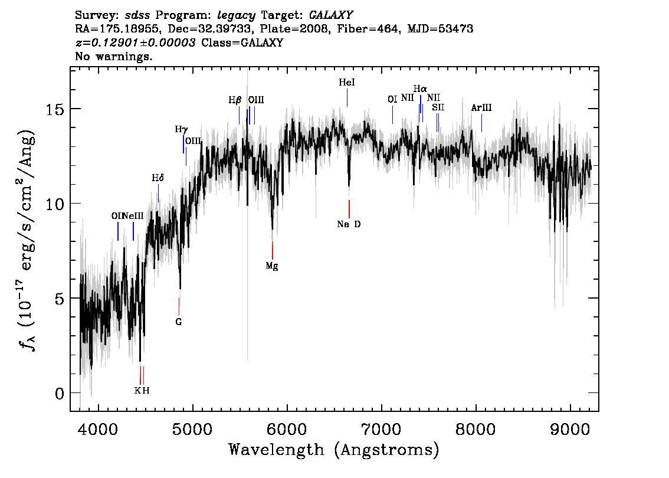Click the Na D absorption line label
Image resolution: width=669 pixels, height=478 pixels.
[x=349, y=224]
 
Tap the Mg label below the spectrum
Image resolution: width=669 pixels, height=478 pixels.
[x=272, y=266]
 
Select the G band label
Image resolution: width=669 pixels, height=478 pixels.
[x=178, y=322]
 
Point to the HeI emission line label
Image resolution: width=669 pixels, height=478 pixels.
[x=347, y=83]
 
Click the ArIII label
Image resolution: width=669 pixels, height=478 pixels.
[x=481, y=107]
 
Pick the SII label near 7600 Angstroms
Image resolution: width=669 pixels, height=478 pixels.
[x=438, y=107]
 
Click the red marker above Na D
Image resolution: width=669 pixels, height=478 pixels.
[x=349, y=209]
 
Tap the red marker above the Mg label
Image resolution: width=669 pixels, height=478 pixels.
[x=272, y=250]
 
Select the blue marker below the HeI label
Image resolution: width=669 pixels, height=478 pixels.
[x=347, y=98]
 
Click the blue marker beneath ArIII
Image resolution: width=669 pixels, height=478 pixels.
[x=482, y=123]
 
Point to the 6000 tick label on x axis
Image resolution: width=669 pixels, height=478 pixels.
[x=287, y=430]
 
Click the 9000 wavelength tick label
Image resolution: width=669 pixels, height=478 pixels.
[x=569, y=430]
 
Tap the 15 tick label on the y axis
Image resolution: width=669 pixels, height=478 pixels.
[x=55, y=109]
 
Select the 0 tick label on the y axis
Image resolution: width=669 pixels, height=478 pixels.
[x=60, y=393]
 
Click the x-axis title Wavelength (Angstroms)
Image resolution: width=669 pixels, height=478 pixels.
[x=334, y=450]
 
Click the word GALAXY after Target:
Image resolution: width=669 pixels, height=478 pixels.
[x=331, y=15]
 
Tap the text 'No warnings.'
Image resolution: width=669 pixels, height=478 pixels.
[x=113, y=56]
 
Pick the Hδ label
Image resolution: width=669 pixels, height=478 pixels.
[x=158, y=178]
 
